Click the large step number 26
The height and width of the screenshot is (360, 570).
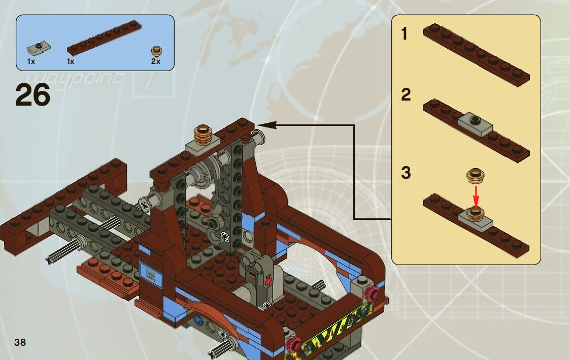(x=33, y=95)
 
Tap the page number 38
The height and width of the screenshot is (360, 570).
(x=20, y=342)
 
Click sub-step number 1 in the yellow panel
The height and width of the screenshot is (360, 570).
(x=405, y=34)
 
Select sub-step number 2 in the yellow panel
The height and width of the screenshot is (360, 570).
(x=406, y=95)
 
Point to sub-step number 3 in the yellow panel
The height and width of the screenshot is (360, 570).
(x=406, y=173)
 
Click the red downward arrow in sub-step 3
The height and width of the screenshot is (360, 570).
(x=476, y=193)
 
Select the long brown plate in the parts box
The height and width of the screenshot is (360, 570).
(x=104, y=38)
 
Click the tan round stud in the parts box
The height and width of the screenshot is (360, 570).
(x=157, y=51)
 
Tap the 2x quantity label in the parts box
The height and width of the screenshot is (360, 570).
(x=155, y=61)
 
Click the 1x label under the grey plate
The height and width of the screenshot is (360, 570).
(x=31, y=61)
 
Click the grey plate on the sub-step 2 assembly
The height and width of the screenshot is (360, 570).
(x=476, y=123)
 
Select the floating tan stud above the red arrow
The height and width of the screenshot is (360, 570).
(x=476, y=176)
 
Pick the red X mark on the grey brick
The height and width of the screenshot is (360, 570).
(x=268, y=279)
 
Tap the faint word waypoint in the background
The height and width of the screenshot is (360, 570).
(x=74, y=79)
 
